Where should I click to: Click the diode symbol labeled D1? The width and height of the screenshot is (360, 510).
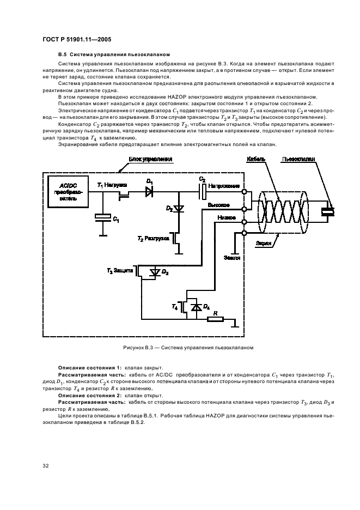click(x=149, y=192)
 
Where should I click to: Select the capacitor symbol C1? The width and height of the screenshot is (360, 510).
click(x=102, y=217)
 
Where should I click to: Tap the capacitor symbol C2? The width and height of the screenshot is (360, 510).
click(x=202, y=191)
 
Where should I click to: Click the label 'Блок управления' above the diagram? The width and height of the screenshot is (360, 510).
click(x=151, y=159)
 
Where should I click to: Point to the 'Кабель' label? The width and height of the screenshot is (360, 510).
click(x=256, y=159)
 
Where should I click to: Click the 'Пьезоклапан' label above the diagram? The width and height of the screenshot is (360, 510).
click(x=299, y=159)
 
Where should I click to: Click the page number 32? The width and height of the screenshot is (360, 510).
click(x=46, y=465)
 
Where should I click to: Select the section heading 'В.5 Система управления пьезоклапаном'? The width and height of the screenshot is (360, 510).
click(x=114, y=56)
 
